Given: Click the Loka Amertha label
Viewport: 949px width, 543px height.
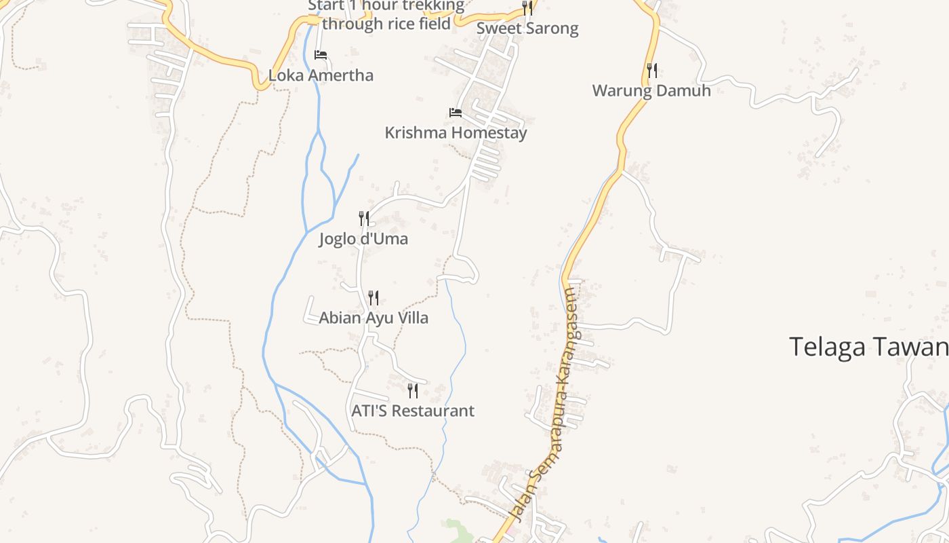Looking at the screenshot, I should tap(321, 75).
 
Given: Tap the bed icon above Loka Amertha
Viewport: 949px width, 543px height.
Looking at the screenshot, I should tap(321, 55).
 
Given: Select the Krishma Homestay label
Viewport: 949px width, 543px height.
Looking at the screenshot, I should tap(456, 133).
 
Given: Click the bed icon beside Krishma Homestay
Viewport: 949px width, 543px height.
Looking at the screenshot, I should tap(456, 113).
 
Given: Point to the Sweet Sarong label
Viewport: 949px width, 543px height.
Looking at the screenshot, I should tap(527, 29).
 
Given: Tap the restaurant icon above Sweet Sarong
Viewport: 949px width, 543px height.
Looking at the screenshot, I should tap(527, 8).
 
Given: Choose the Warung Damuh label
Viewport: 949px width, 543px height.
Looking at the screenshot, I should tap(651, 91).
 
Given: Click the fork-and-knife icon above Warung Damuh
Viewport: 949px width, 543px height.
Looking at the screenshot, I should tap(651, 70).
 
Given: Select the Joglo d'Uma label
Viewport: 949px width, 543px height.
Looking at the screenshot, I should tap(364, 240).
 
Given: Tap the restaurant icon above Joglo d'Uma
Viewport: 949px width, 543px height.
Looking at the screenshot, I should tap(364, 219).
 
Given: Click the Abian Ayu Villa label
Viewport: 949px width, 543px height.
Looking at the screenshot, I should tap(373, 318).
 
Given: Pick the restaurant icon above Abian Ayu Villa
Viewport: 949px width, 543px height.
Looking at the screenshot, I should tap(373, 297).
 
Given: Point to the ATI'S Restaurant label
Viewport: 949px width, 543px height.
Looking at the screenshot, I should tap(413, 411).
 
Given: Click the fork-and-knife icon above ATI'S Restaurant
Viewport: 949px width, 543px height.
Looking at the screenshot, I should tap(412, 390).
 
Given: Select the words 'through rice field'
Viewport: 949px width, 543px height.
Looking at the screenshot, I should tap(386, 24).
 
